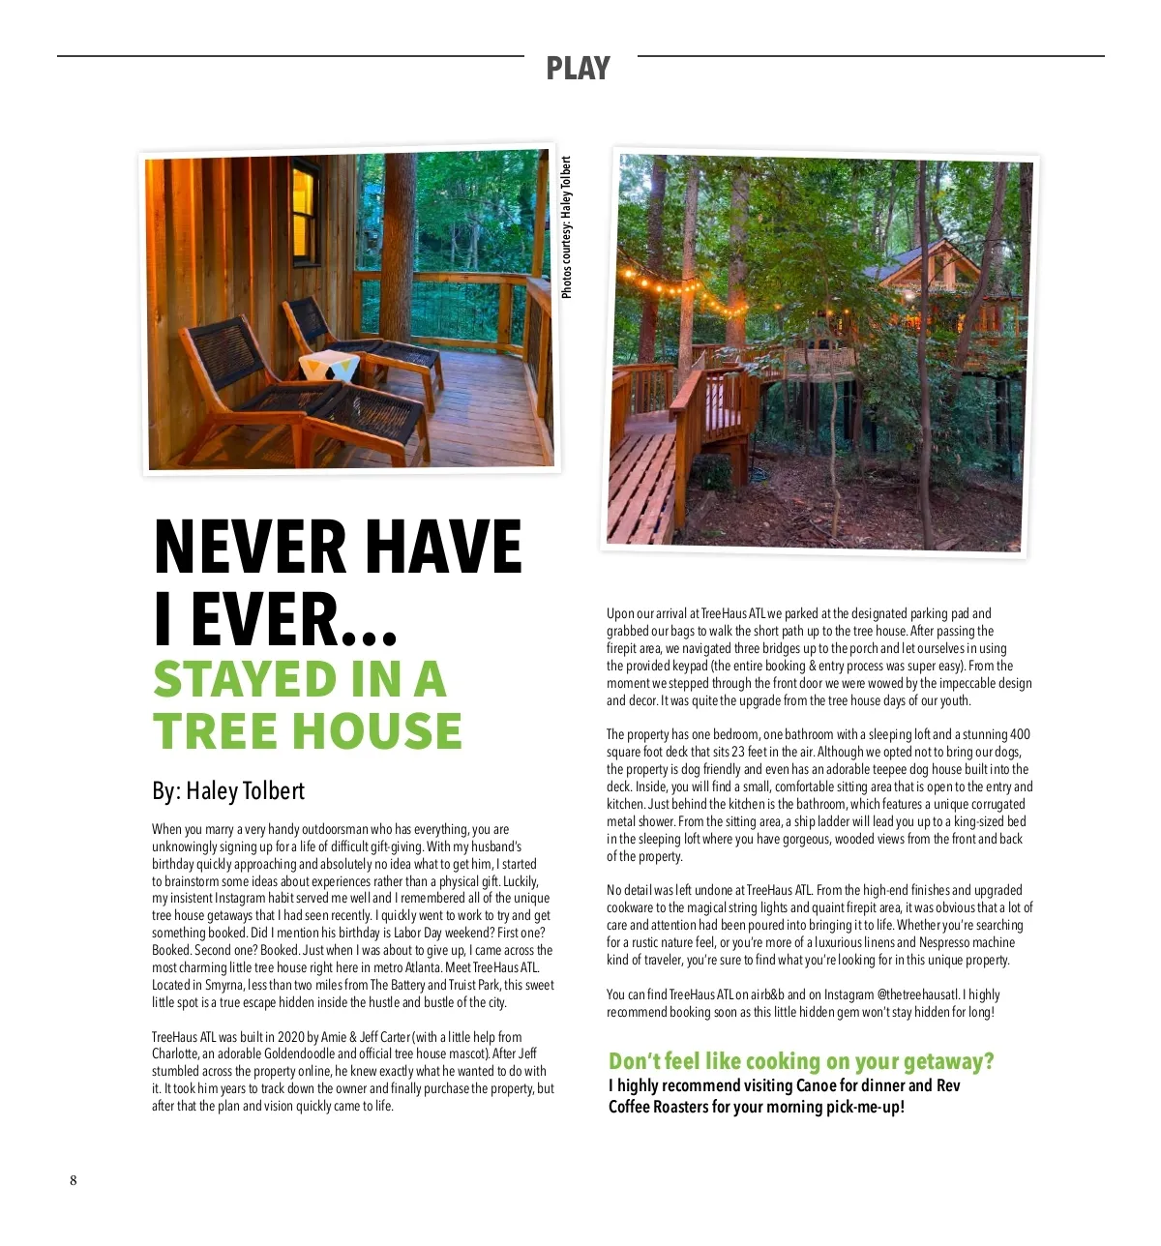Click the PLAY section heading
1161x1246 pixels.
click(578, 69)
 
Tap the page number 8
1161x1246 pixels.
click(74, 1180)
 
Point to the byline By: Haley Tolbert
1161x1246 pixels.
click(228, 791)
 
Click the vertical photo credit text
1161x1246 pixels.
click(567, 228)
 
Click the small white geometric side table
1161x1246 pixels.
click(329, 367)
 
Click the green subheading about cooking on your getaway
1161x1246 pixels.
click(801, 1062)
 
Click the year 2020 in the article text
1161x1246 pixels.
click(291, 1037)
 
